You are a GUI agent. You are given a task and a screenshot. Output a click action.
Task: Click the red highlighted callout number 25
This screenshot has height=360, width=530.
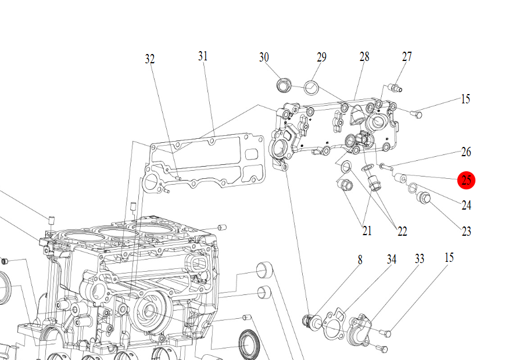[x=466, y=180]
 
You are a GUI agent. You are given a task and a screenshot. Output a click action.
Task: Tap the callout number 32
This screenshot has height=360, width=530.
[x=150, y=59]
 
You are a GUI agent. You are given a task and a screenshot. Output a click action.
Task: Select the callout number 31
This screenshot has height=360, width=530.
[x=202, y=56]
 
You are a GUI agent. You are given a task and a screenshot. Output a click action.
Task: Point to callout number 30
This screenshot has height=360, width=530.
[x=264, y=57]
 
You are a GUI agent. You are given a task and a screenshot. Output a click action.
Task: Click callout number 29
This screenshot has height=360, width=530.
[x=321, y=57]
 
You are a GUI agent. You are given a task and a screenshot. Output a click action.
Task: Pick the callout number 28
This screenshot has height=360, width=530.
[x=364, y=57]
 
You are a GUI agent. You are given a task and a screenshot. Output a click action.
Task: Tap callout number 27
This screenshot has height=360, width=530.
[x=407, y=57]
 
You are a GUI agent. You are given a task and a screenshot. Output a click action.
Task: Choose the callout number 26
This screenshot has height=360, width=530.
[x=466, y=152]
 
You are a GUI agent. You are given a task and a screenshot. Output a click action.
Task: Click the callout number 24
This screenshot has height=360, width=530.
[x=466, y=205]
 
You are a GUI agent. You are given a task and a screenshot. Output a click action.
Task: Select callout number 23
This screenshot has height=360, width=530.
[x=466, y=232]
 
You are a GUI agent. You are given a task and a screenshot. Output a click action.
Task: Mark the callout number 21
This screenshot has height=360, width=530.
[x=367, y=231]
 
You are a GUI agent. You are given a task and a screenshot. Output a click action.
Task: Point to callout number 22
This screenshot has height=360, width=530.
[x=402, y=232]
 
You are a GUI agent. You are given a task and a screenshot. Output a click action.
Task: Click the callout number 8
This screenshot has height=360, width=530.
[x=360, y=260]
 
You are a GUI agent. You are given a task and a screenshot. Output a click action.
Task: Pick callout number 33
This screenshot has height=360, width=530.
[x=420, y=259]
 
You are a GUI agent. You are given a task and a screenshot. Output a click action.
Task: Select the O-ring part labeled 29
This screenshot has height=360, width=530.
[x=311, y=88]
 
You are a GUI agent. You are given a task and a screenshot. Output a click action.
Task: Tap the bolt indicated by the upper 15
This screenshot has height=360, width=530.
[x=416, y=113]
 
